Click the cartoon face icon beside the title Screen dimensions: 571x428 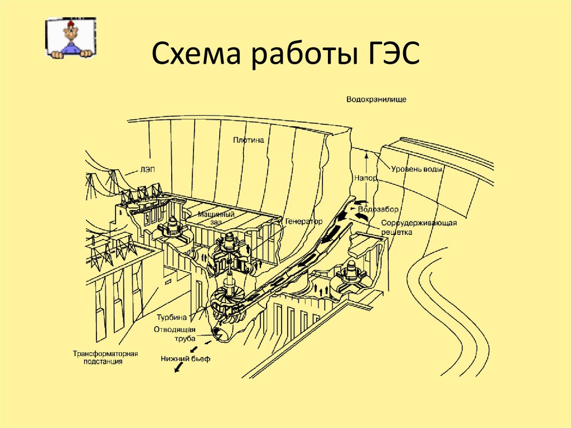[70, 38]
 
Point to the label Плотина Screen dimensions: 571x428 [248, 141]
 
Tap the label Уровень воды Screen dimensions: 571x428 [417, 169]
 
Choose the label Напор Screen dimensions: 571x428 [365, 178]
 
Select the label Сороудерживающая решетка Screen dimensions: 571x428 [419, 227]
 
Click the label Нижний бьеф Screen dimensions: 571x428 [185, 358]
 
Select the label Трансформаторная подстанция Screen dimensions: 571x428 [105, 358]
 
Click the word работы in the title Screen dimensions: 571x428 [295, 56]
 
